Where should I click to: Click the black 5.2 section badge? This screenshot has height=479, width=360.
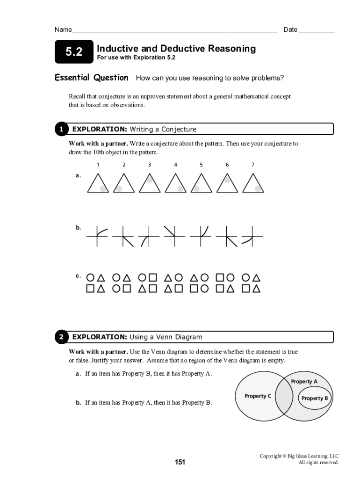pyautogui.click(x=74, y=51)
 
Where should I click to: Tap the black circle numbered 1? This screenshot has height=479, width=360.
pyautogui.click(x=61, y=129)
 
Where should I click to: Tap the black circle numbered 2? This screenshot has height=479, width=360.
pyautogui.click(x=61, y=337)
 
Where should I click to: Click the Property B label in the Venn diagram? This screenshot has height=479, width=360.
pyautogui.click(x=315, y=398)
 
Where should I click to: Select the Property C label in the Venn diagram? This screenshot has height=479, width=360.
pyautogui.click(x=258, y=396)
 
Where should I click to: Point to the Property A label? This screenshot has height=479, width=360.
pyautogui.click(x=304, y=381)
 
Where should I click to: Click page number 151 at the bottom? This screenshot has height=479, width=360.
pyautogui.click(x=180, y=462)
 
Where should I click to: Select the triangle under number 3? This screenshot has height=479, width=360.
pyautogui.click(x=150, y=183)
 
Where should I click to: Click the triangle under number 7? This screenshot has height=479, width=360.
pyautogui.click(x=253, y=183)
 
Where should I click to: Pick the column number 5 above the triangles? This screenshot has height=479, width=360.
pyautogui.click(x=201, y=165)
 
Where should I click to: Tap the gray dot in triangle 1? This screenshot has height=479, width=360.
pyautogui.click(x=103, y=189)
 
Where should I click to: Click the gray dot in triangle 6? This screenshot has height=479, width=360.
pyautogui.click(x=227, y=180)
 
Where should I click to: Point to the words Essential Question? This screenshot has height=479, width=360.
pyautogui.click(x=92, y=78)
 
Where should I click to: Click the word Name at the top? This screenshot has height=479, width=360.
pyautogui.click(x=63, y=29)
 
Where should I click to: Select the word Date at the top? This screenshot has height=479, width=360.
pyautogui.click(x=290, y=29)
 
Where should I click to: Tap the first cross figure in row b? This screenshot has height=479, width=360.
pyautogui.click(x=97, y=236)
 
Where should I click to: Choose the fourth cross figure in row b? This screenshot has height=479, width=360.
pyautogui.click(x=175, y=236)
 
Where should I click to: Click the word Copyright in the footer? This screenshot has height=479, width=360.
pyautogui.click(x=271, y=456)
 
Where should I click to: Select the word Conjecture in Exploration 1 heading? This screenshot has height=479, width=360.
pyautogui.click(x=179, y=129)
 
